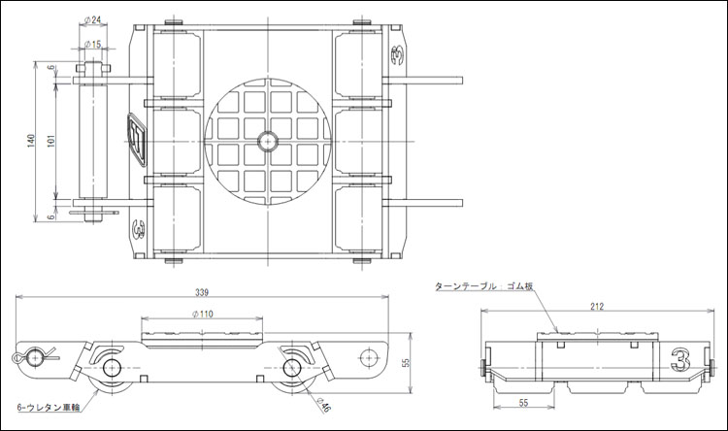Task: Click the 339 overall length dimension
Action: coord(202,292)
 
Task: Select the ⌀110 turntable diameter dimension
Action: coord(203,314)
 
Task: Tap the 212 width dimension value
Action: coord(597,306)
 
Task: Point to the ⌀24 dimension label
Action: coord(93,20)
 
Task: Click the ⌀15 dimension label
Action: coord(93,44)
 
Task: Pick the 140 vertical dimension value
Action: coord(31,141)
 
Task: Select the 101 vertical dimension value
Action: coord(51,141)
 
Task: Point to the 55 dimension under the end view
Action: coord(523,402)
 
